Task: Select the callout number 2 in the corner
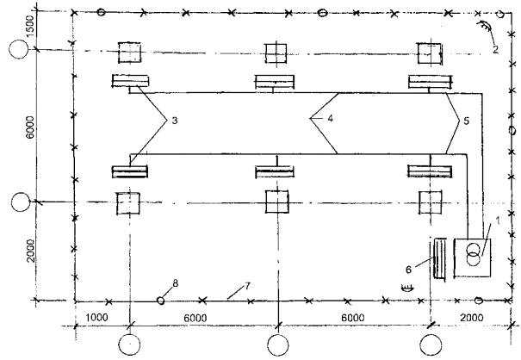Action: point(497,49)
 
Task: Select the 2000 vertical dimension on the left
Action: point(31,252)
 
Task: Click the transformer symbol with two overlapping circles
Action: point(472,257)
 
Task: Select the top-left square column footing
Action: point(129,53)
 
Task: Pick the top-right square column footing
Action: point(428,53)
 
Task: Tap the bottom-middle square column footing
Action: point(277,203)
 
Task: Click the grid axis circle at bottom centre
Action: point(277,345)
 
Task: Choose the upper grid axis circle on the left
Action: point(17,49)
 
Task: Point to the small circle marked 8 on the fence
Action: point(160,301)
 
